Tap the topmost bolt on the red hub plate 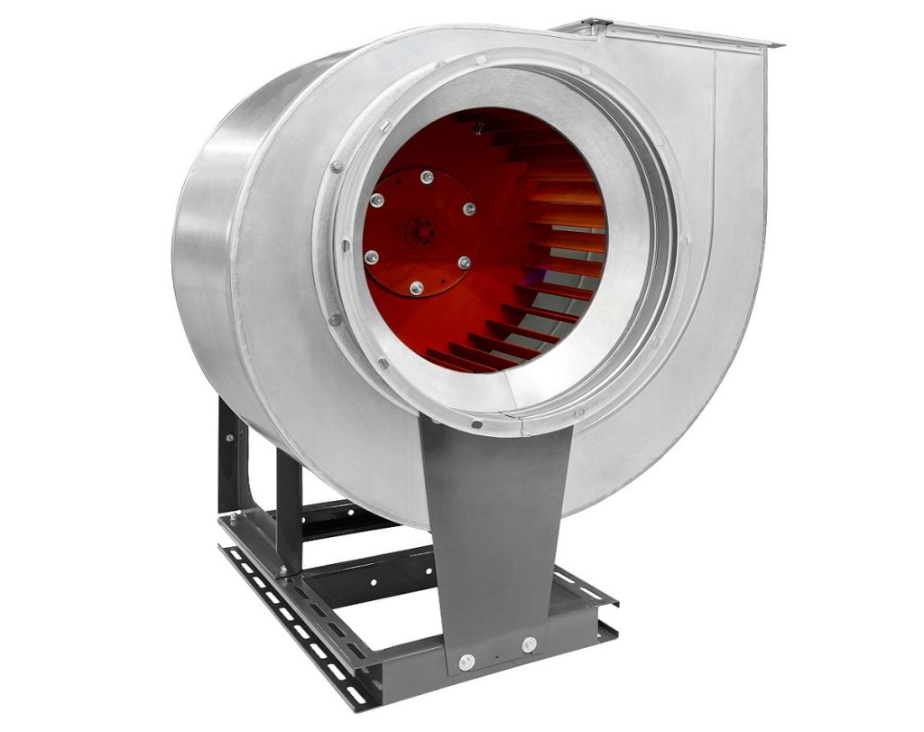pyautogui.click(x=427, y=178)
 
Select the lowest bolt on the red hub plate pyautogui.click(x=416, y=288)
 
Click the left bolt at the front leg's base pyautogui.click(x=466, y=662)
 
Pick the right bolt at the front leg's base pyautogui.click(x=528, y=644)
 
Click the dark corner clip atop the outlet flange pyautogui.click(x=596, y=23)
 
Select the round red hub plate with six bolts pyautogui.click(x=418, y=232)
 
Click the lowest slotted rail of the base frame pyautogui.click(x=298, y=632)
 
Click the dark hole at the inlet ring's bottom pyautogui.click(x=476, y=423)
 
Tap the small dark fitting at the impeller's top pyautogui.click(x=478, y=128)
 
